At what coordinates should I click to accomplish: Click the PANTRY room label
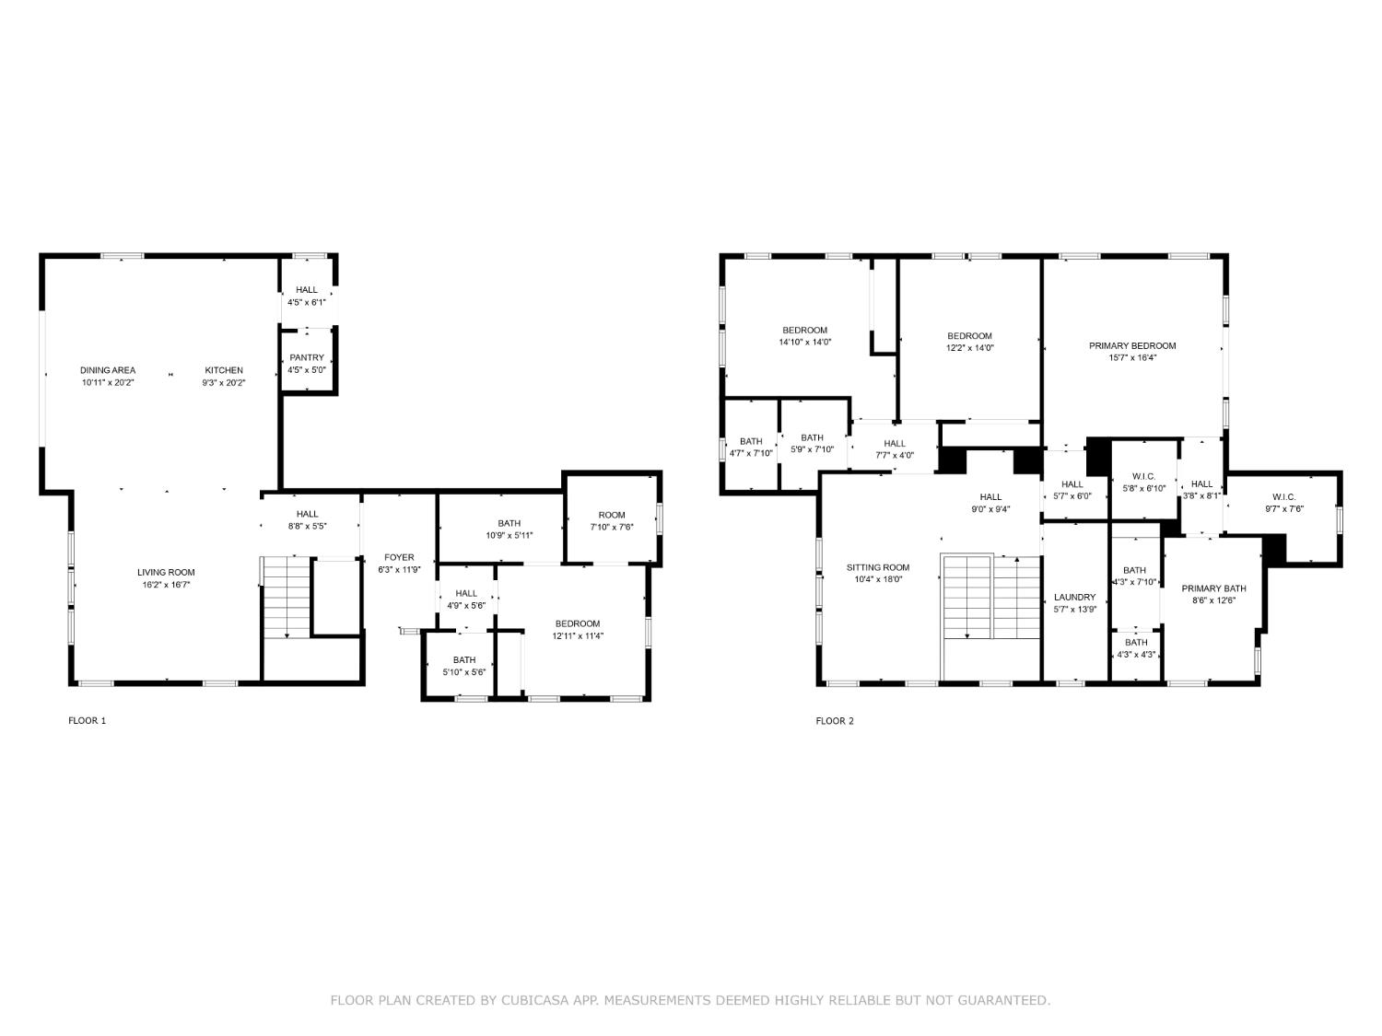click(x=307, y=357)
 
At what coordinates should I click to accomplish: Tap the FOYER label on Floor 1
click(x=399, y=557)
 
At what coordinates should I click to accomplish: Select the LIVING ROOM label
click(x=166, y=572)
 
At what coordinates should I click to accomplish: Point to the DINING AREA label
click(x=108, y=370)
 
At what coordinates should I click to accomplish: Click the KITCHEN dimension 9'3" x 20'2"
click(x=224, y=383)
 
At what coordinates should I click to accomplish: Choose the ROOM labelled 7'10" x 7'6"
click(x=612, y=521)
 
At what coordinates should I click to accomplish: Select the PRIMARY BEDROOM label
click(x=1132, y=346)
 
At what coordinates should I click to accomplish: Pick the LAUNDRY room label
click(x=1074, y=597)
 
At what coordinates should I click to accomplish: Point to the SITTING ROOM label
click(x=878, y=567)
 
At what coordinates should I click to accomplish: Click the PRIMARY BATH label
click(x=1213, y=588)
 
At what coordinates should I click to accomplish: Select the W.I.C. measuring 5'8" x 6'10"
click(x=1143, y=483)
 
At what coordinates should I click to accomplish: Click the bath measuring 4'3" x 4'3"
click(x=1136, y=648)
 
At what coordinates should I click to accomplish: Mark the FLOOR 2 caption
click(x=835, y=721)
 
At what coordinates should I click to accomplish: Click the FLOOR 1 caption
click(x=88, y=721)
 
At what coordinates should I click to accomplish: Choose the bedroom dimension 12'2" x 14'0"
click(x=969, y=348)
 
